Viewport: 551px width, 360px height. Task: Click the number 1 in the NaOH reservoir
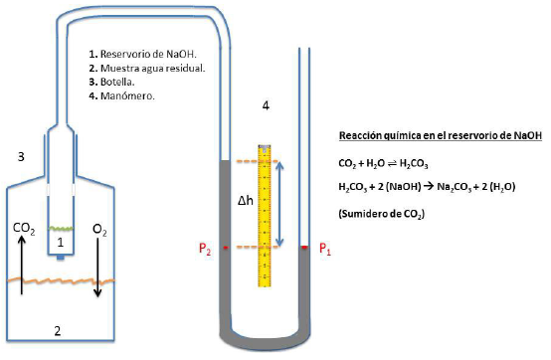click(x=61, y=242)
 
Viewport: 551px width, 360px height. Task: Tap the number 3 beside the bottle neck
click(x=21, y=156)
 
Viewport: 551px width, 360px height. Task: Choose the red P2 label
click(x=204, y=249)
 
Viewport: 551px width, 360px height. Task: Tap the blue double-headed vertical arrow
click(x=281, y=204)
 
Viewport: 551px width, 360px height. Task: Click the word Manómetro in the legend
click(x=125, y=97)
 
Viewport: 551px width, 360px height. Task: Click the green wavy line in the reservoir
click(x=61, y=228)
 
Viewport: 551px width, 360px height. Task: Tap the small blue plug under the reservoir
click(x=61, y=258)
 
